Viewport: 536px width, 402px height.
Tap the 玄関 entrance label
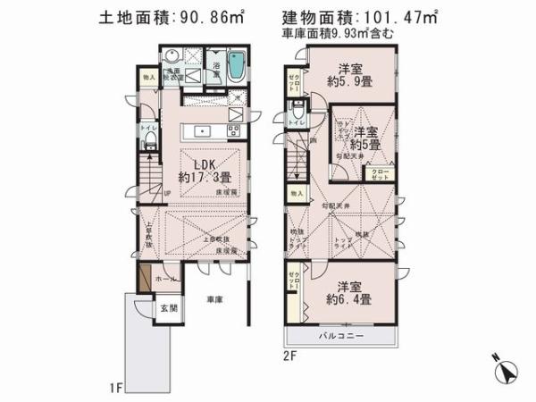coord(169,308)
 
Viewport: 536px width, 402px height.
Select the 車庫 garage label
coord(214,298)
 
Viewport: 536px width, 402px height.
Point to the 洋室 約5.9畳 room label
coord(349,77)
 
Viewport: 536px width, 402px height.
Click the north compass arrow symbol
coord(507,372)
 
